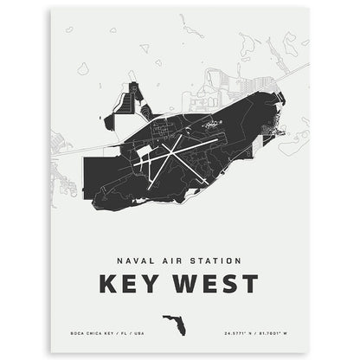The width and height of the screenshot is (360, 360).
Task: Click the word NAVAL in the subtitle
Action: (132, 258)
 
